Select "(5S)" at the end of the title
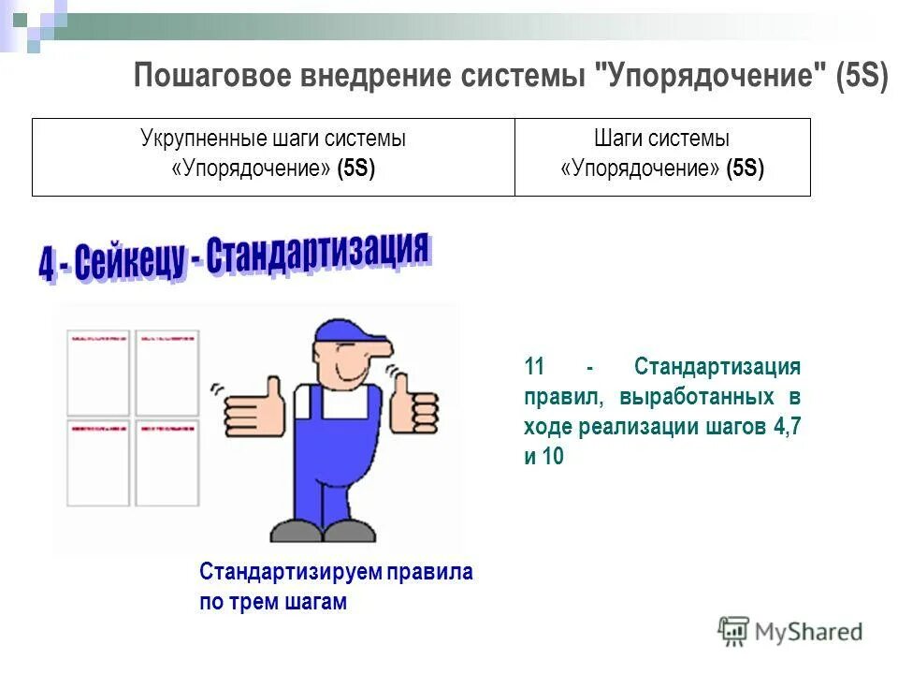862,75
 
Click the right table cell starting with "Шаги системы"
662,154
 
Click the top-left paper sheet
98,373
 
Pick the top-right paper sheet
167,373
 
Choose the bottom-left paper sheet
98,462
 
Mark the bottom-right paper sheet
167,462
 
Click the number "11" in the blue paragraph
534,366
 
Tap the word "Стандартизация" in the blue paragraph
717,366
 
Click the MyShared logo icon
734,631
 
